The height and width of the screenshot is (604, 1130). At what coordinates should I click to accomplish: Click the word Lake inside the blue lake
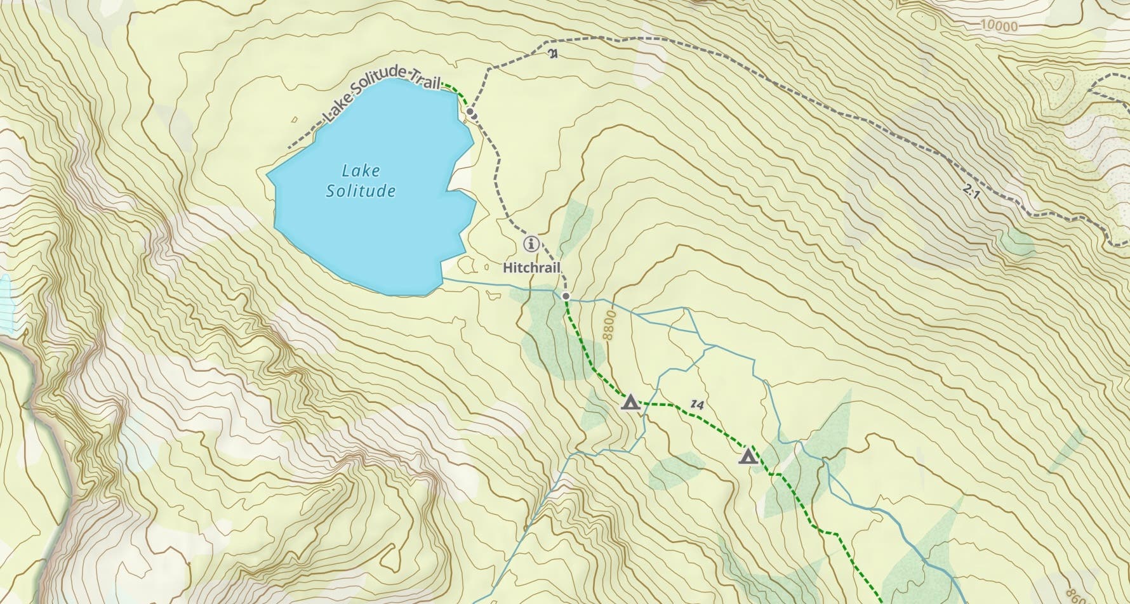pos(361,171)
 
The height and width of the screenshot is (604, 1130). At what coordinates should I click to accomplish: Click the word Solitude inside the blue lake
pos(361,191)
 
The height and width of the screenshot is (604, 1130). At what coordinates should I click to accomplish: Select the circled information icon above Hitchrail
pos(531,244)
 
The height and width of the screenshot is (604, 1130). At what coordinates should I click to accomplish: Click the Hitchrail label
pos(531,268)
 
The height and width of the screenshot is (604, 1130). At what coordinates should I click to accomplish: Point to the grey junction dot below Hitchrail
pos(566,296)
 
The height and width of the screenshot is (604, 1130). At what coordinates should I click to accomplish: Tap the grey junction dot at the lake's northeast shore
pos(470,112)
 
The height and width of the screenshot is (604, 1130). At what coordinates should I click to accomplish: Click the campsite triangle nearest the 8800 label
pos(630,402)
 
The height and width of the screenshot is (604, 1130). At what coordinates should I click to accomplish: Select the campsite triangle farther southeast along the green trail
pos(748,457)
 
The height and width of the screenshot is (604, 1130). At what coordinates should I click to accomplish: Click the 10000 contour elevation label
pos(998,26)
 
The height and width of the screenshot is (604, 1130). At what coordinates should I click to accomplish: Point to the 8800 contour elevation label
pos(610,325)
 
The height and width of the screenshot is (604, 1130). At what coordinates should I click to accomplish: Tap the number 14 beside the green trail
pos(698,404)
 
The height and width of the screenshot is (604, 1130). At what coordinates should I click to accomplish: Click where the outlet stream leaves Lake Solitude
pos(442,279)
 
